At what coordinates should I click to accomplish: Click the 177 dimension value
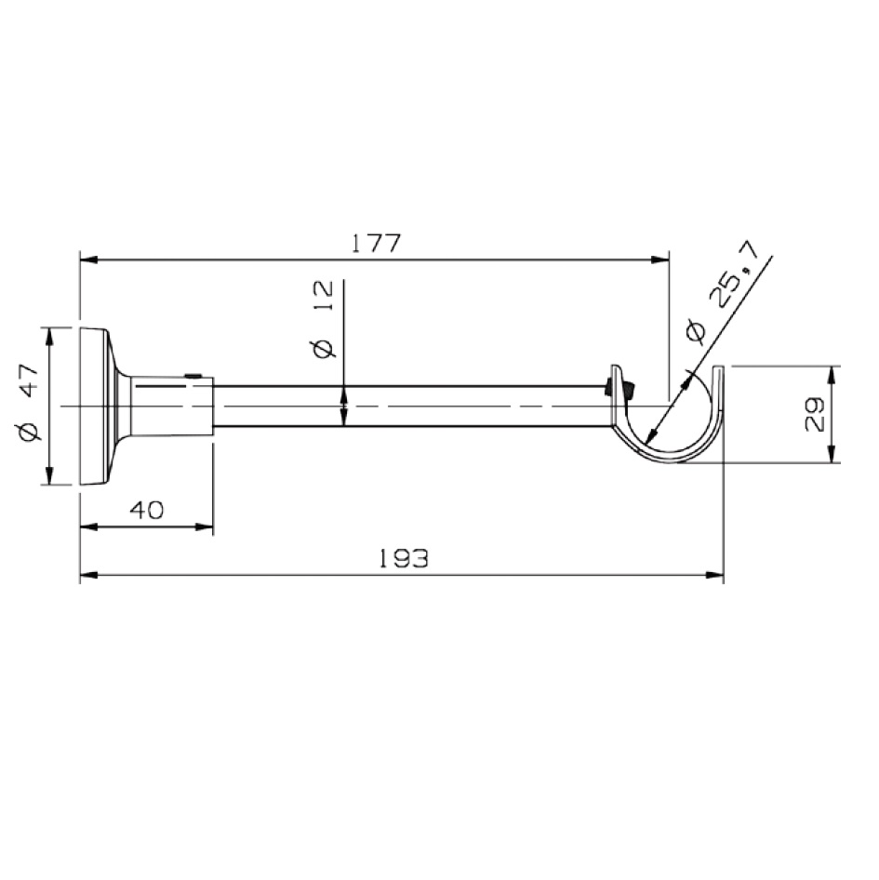click(x=376, y=243)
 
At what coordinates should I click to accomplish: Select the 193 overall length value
click(x=404, y=558)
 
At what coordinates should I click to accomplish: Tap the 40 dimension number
click(x=147, y=510)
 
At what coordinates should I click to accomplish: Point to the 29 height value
click(x=814, y=414)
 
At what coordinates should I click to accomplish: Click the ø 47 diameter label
click(x=29, y=403)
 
